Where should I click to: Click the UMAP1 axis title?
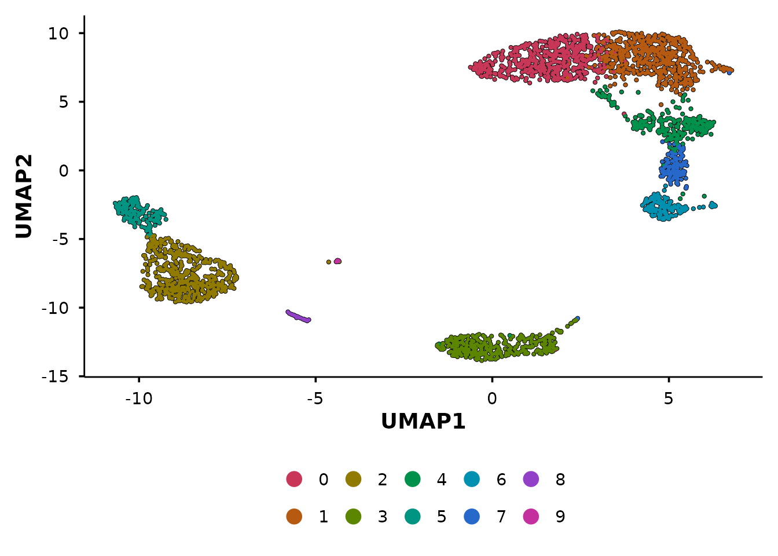(423, 422)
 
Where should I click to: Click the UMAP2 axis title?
(24, 196)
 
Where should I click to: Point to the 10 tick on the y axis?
(58, 34)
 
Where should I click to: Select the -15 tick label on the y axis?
(55, 376)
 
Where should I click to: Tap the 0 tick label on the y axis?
(64, 171)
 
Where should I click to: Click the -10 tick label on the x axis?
(139, 399)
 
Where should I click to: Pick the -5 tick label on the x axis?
(315, 399)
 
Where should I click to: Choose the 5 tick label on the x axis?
(669, 399)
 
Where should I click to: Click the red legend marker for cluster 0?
(294, 480)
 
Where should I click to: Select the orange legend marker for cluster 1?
(294, 517)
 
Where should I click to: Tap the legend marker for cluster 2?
(353, 480)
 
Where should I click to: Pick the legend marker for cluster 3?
(353, 517)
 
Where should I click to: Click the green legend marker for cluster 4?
(412, 480)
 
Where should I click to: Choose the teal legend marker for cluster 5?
(412, 517)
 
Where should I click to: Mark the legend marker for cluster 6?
(472, 480)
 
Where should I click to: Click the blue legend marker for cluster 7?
(472, 517)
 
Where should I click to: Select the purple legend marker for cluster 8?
(531, 480)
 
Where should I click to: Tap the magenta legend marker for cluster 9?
(531, 517)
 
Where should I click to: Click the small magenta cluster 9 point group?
(337, 261)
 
